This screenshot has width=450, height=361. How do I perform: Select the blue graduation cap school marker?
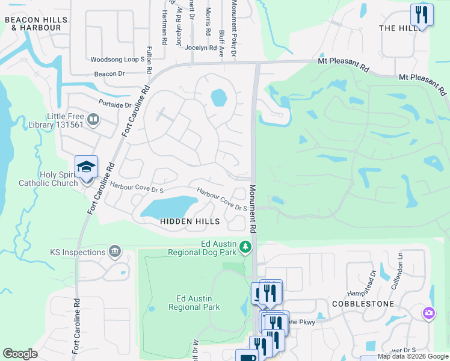pos(86,167)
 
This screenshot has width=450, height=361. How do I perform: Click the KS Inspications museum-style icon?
pos(114,251)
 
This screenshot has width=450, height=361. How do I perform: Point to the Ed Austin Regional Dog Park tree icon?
pos(245,247)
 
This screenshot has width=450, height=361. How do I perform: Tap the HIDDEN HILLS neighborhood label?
pos(186,221)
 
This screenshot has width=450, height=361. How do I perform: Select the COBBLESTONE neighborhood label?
pos(363,304)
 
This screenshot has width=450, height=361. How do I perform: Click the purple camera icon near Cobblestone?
pos(428,312)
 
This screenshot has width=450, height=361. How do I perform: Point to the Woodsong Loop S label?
pos(117,60)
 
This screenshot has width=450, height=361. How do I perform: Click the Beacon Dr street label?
pos(109,73)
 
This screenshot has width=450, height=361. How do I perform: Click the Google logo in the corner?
pos(20,354)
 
